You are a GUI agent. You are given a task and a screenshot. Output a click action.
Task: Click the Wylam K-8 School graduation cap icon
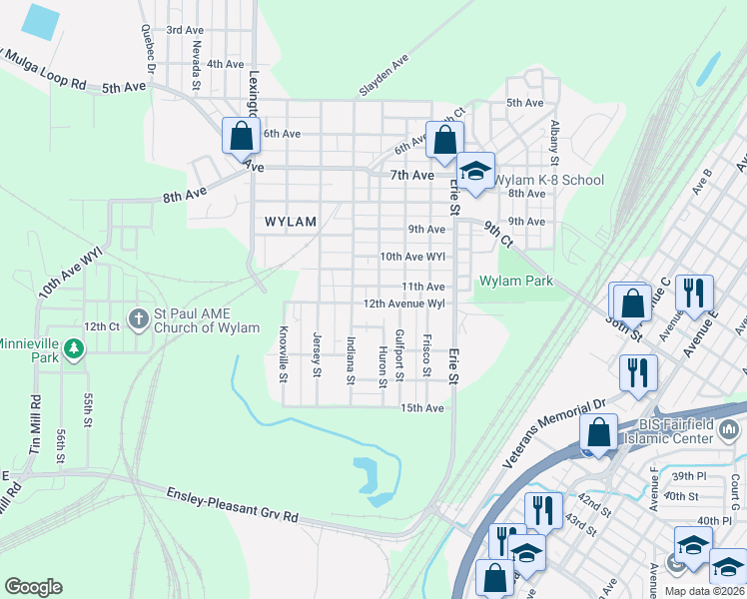477,170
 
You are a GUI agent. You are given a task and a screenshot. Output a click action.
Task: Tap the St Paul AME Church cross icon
138,317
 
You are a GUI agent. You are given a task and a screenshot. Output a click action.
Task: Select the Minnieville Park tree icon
72,349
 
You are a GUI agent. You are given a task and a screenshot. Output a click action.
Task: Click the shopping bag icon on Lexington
241,135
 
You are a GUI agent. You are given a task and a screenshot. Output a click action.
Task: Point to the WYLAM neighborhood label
291,222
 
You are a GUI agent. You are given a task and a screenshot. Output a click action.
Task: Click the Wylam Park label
516,282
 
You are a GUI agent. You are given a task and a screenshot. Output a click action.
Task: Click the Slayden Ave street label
384,76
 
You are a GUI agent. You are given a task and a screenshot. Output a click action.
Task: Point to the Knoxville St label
284,353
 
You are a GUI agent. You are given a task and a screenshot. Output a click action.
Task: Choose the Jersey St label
317,354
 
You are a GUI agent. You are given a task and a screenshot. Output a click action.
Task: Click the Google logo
33,586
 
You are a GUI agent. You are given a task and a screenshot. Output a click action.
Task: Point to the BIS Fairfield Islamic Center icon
728,430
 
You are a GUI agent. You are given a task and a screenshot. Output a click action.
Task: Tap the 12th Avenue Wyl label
403,302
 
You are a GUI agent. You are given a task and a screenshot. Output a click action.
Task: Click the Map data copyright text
703,591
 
